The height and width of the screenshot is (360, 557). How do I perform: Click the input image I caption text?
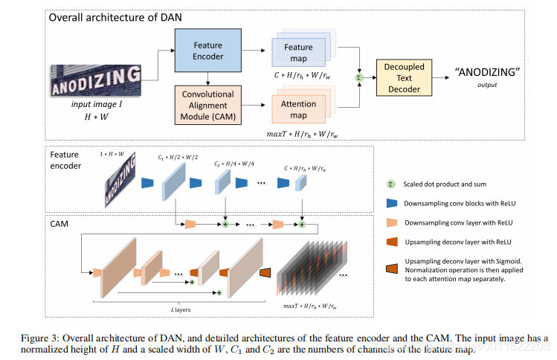click(x=94, y=106)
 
